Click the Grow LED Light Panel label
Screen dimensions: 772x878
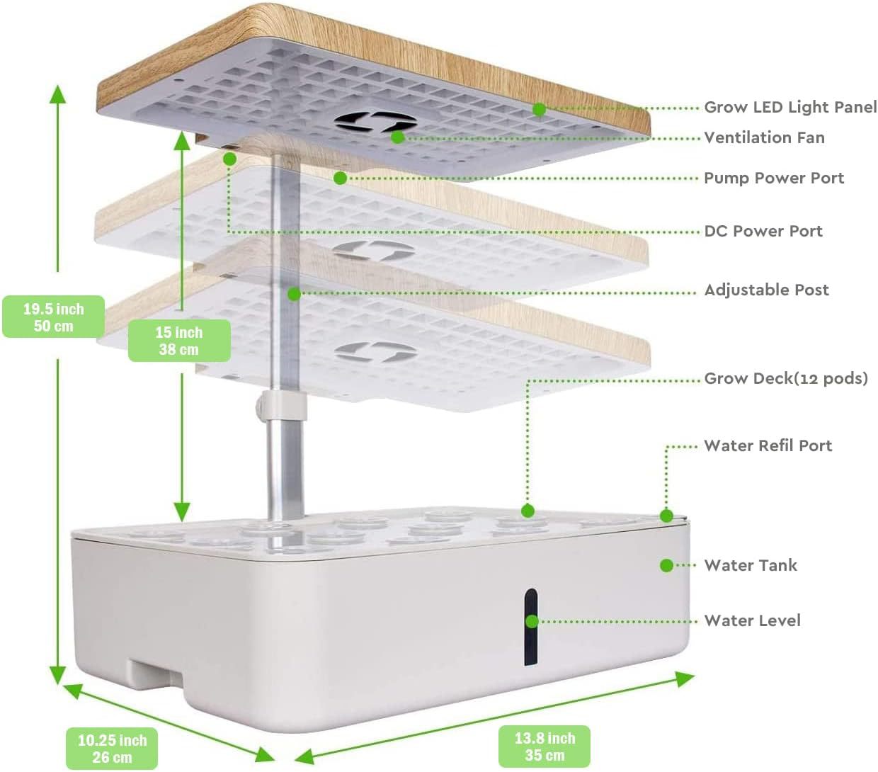point(789,108)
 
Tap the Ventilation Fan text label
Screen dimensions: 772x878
point(764,137)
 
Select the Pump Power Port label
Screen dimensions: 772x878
point(773,178)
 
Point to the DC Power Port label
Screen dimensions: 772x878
point(763,231)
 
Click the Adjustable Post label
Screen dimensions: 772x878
point(766,290)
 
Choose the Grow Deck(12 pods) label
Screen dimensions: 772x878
point(785,378)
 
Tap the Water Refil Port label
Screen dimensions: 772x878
point(768,445)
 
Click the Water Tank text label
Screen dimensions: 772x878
point(751,565)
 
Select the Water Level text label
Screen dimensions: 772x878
point(752,620)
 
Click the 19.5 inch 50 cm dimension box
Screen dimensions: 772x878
point(54,317)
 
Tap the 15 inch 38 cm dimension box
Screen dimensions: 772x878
point(179,341)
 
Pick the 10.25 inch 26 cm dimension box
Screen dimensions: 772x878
point(112,749)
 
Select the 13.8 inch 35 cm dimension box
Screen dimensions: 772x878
point(544,747)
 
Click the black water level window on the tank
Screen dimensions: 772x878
point(530,627)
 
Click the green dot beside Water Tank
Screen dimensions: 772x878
point(666,565)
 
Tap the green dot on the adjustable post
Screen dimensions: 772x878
point(295,293)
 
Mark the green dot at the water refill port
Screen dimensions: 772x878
point(666,516)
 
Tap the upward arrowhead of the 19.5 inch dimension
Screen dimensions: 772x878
point(57,93)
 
